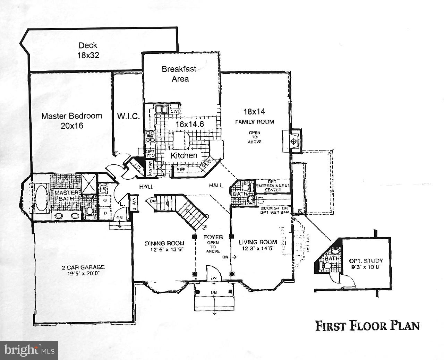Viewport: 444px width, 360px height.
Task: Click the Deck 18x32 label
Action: (x=88, y=50)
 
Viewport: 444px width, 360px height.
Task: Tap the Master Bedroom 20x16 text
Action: (x=72, y=120)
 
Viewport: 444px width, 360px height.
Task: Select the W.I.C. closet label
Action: (x=128, y=116)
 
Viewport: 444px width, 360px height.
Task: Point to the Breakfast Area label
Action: (x=179, y=74)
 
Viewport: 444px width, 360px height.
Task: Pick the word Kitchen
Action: (x=184, y=155)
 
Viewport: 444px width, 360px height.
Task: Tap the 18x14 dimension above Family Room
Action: (x=254, y=112)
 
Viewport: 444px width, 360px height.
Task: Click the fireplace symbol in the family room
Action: (x=293, y=141)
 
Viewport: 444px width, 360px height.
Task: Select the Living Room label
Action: (x=258, y=245)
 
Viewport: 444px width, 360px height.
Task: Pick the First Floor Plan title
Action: (x=367, y=326)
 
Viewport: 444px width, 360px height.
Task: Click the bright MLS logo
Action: (x=29, y=350)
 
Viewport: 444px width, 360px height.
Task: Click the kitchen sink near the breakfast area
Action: (x=162, y=110)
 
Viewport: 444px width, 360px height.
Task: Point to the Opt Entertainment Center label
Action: (x=273, y=186)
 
